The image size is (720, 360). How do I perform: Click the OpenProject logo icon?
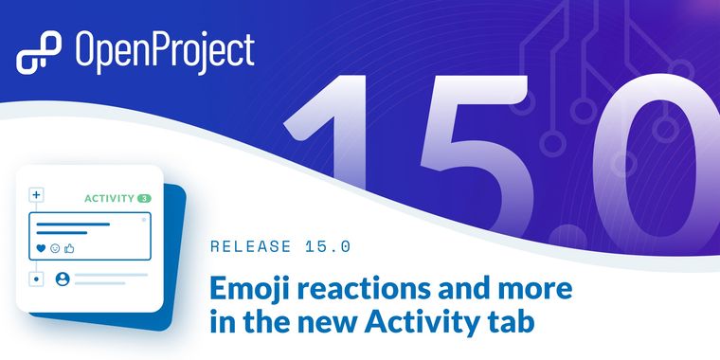39,53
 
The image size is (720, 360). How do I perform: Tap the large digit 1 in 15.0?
341,142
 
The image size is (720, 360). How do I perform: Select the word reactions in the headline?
360,286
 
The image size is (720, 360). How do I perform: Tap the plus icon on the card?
37,195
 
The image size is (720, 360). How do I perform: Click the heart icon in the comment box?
41,248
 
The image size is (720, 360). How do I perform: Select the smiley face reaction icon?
54,248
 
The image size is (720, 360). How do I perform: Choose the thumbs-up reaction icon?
68,248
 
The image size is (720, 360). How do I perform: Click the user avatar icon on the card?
63,279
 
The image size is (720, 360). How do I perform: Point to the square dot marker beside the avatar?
37,279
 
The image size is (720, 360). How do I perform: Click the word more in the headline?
536,286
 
